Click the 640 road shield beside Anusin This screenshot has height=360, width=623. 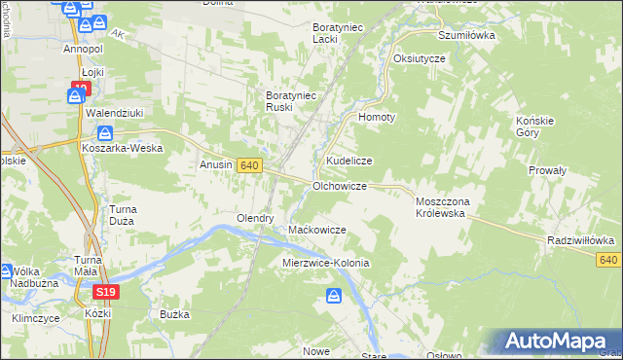coord(248,166)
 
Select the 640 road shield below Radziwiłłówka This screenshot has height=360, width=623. coord(609,260)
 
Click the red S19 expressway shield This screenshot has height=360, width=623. coord(106,291)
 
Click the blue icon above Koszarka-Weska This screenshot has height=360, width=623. coord(106,133)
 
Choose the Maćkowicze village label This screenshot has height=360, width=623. coord(317,230)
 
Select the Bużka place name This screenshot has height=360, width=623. coord(173,315)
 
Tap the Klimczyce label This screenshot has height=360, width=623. coord(36,318)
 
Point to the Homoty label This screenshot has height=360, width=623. coord(378,117)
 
